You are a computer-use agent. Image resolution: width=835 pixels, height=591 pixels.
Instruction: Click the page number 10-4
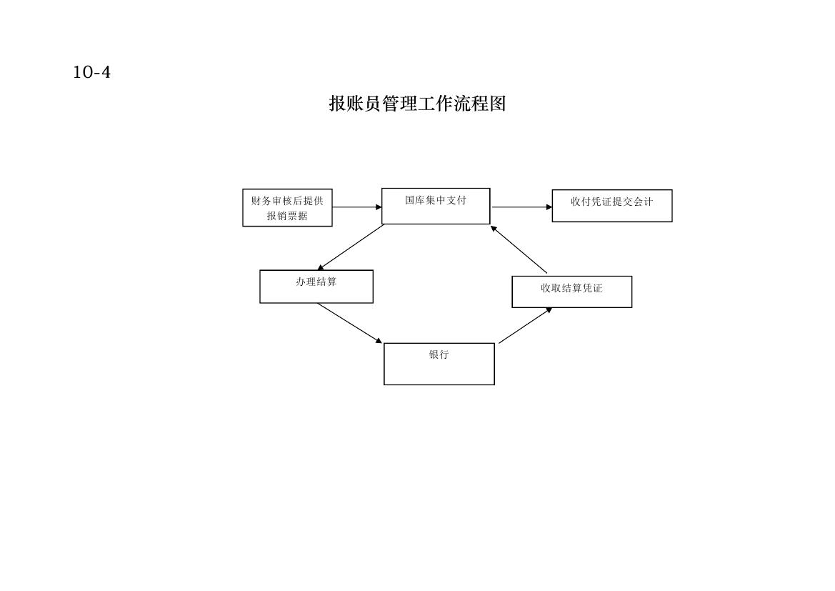pyautogui.click(x=91, y=72)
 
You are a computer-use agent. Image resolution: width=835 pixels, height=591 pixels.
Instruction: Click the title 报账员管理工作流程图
pyautogui.click(x=417, y=104)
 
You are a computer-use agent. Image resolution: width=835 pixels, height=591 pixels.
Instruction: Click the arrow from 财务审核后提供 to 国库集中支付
pyautogui.click(x=357, y=207)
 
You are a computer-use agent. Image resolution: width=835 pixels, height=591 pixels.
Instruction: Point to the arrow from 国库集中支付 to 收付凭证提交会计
pyautogui.click(x=522, y=207)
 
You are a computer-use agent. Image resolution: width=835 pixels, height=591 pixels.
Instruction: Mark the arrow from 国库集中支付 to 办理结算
pyautogui.click(x=351, y=247)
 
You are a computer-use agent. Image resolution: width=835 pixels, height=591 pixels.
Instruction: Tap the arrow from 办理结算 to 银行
pyautogui.click(x=350, y=324)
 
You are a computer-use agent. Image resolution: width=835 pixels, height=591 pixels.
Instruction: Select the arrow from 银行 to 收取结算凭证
pyautogui.click(x=525, y=326)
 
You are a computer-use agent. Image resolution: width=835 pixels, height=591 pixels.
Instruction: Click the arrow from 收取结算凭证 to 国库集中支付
pyautogui.click(x=519, y=250)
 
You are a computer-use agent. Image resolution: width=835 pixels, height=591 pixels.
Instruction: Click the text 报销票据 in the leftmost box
pyautogui.click(x=287, y=216)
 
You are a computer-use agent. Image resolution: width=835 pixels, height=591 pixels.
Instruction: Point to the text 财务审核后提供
pyautogui.click(x=287, y=201)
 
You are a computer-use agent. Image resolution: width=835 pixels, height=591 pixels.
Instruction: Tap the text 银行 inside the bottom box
pyautogui.click(x=439, y=354)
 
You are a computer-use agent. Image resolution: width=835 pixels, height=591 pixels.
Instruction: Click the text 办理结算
pyautogui.click(x=316, y=282)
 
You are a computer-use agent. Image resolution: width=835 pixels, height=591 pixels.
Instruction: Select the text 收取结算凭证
pyautogui.click(x=571, y=288)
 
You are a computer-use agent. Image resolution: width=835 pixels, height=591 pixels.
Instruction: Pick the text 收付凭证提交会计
pyautogui.click(x=612, y=202)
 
